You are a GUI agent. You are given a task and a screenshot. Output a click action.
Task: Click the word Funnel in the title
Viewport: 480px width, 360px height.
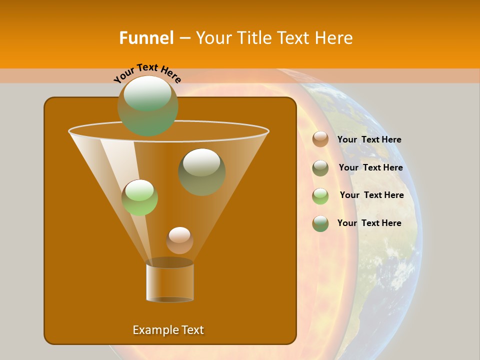[146, 37]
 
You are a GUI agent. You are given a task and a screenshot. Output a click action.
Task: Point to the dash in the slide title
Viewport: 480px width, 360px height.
[184, 38]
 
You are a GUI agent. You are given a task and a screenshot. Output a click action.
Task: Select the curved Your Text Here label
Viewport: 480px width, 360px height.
[147, 73]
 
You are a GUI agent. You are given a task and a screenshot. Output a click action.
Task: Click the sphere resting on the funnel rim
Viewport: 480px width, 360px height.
[147, 105]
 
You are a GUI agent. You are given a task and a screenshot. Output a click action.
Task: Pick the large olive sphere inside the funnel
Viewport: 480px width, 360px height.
[201, 171]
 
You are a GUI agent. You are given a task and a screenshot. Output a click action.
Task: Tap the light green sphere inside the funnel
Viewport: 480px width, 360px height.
[139, 197]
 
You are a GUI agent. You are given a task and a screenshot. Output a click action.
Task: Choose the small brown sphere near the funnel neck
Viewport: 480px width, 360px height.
[179, 240]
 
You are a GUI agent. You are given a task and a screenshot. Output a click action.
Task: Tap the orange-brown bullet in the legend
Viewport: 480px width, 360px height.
[320, 139]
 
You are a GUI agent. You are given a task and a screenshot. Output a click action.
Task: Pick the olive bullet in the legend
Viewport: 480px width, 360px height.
[320, 168]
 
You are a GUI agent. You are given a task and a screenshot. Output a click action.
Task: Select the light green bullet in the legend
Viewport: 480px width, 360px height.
[320, 196]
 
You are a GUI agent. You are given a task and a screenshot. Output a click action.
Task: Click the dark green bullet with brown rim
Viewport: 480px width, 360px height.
[320, 223]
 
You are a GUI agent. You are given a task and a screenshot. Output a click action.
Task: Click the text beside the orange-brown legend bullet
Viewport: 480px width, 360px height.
[369, 139]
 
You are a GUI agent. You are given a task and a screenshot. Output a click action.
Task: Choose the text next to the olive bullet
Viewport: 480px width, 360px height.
[370, 167]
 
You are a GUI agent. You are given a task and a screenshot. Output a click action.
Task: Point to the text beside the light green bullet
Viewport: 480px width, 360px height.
[371, 195]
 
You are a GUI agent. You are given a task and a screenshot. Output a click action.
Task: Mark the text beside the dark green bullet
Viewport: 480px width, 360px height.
[369, 223]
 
